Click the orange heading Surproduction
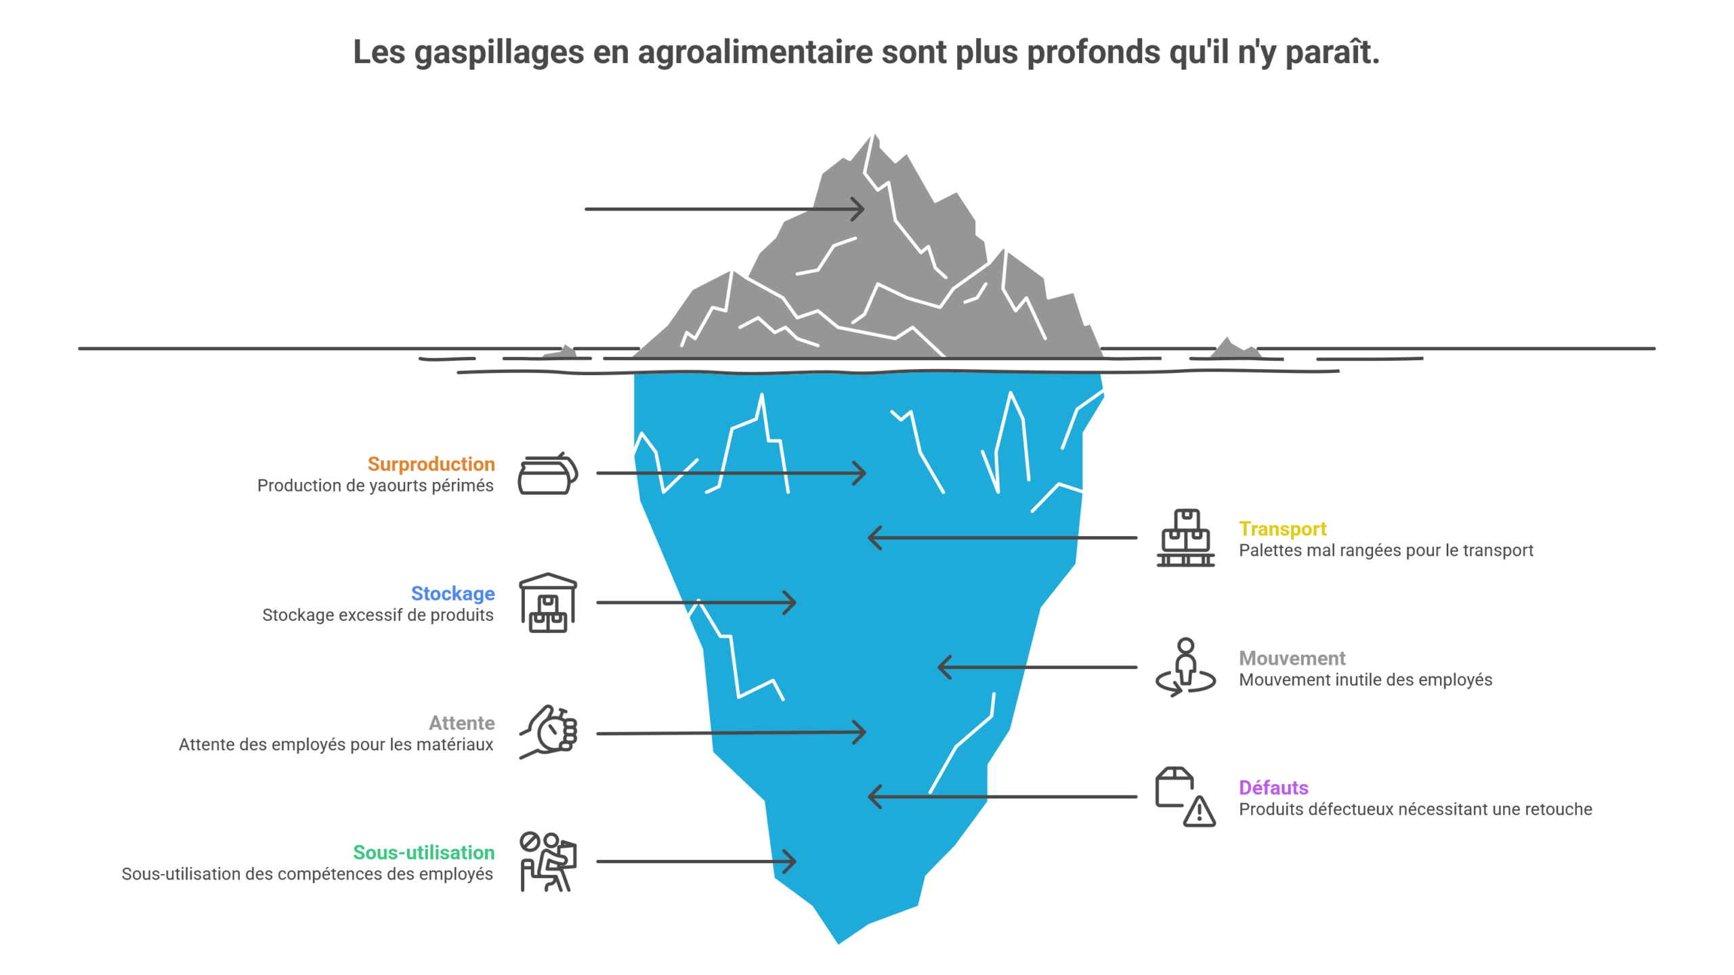click(431, 464)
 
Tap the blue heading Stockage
click(452, 593)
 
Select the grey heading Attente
click(461, 722)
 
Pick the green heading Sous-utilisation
click(423, 852)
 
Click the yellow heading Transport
click(1282, 529)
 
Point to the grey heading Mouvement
click(1292, 658)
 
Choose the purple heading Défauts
click(1273, 787)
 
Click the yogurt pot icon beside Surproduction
click(547, 474)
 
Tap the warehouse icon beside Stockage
click(547, 603)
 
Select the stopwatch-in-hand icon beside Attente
click(549, 732)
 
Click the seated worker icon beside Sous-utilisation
click(547, 861)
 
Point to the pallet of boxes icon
click(1185, 538)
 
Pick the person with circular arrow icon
click(1185, 667)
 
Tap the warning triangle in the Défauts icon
click(1199, 810)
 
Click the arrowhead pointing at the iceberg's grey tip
click(859, 209)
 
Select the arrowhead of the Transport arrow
click(874, 538)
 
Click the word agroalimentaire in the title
click(755, 52)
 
